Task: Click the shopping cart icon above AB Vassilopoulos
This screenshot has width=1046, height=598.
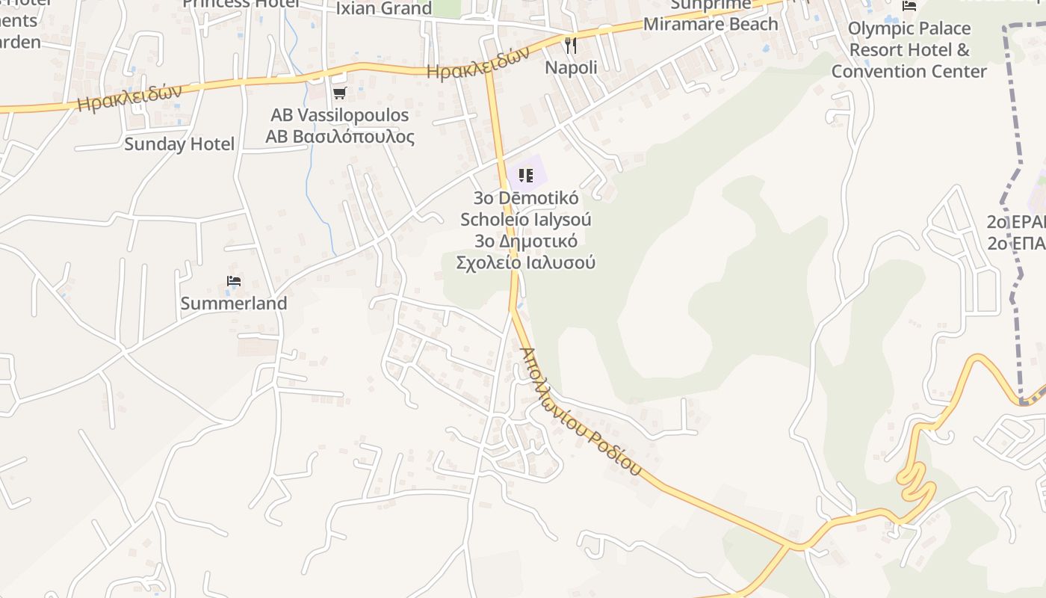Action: tap(340, 93)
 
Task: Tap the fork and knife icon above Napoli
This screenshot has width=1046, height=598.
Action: tap(571, 46)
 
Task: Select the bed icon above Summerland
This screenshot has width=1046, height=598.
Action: tap(234, 281)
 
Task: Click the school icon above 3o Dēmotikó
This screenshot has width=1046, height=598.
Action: tap(525, 176)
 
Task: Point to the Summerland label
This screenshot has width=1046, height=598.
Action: tap(233, 303)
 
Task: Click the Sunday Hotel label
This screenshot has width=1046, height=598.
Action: tap(179, 144)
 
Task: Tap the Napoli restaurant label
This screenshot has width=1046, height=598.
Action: tap(571, 67)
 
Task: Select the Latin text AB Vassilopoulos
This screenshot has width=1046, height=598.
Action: tap(339, 115)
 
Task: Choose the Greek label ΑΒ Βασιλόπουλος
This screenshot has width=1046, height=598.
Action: tap(339, 137)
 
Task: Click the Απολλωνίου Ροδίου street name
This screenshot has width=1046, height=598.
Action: tap(580, 412)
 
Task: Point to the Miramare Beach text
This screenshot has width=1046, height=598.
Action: tap(711, 24)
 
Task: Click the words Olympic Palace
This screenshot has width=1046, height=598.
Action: tap(909, 28)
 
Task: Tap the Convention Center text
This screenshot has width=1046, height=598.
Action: tap(909, 72)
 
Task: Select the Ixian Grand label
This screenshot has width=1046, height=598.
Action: tap(384, 8)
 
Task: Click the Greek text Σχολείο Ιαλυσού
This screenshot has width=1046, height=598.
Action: tap(525, 262)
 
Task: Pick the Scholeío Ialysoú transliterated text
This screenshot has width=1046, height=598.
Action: tap(525, 220)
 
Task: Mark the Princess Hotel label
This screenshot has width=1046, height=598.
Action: tap(241, 4)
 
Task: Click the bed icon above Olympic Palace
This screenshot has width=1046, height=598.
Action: tap(909, 6)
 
